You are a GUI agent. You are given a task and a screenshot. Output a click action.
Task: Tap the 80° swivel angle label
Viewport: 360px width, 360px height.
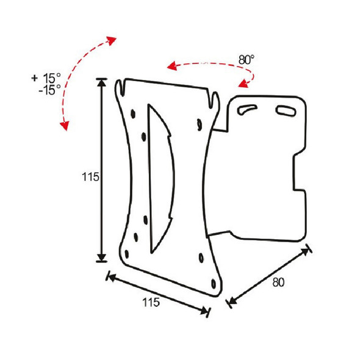247,60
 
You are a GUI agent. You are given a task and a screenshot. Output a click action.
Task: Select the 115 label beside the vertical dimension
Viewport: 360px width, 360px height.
90,177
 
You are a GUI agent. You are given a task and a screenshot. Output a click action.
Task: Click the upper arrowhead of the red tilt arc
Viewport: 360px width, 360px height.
111,40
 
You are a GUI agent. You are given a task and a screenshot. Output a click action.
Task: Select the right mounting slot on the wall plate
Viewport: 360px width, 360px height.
284,110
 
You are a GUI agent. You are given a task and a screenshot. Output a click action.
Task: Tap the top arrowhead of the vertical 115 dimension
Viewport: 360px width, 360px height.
102,84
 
